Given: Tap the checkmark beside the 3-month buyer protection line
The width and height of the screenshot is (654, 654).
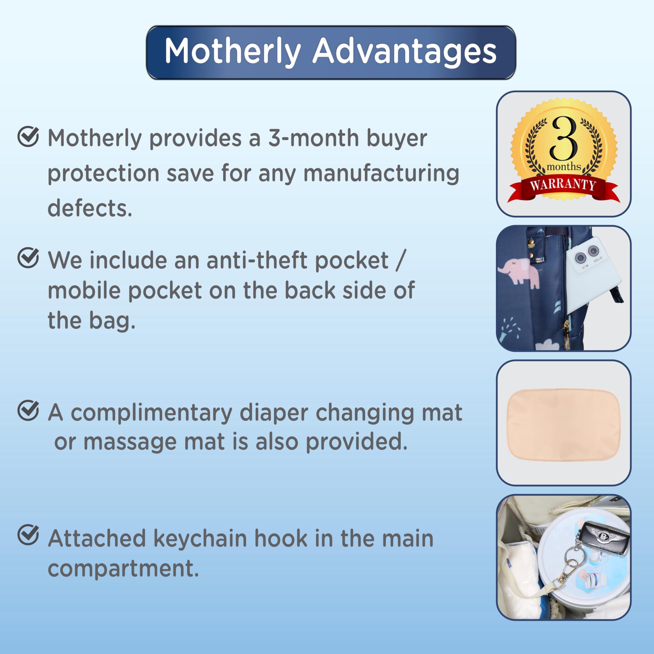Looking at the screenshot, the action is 28,136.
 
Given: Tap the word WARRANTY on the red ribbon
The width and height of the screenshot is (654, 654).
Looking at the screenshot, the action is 563,184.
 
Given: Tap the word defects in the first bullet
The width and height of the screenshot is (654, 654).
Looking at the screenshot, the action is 90,208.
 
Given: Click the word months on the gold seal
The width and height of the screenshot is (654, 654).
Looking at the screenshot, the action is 564,167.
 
